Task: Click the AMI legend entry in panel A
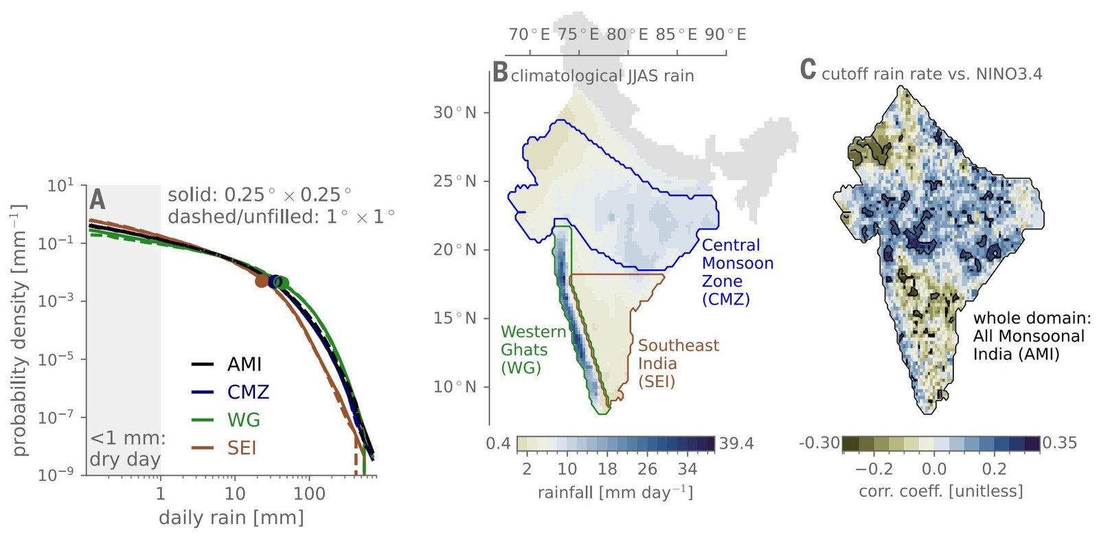click(x=244, y=364)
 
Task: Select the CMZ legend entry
click(x=247, y=392)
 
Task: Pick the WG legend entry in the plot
click(x=243, y=420)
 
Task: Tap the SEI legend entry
click(x=241, y=448)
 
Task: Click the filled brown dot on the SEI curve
click(x=262, y=280)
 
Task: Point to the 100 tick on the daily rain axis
click(x=309, y=493)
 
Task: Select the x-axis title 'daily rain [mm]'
click(x=231, y=517)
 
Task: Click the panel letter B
click(x=500, y=72)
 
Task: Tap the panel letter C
click(x=808, y=70)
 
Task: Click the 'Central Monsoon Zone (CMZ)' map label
click(x=736, y=272)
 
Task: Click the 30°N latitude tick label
click(x=454, y=113)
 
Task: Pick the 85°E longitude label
click(x=677, y=34)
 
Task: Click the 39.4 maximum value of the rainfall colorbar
click(x=736, y=444)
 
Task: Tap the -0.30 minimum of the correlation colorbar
click(x=819, y=443)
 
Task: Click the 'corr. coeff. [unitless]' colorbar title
click(x=940, y=491)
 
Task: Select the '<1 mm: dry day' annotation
click(x=126, y=449)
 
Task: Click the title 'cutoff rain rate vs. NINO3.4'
click(x=931, y=74)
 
